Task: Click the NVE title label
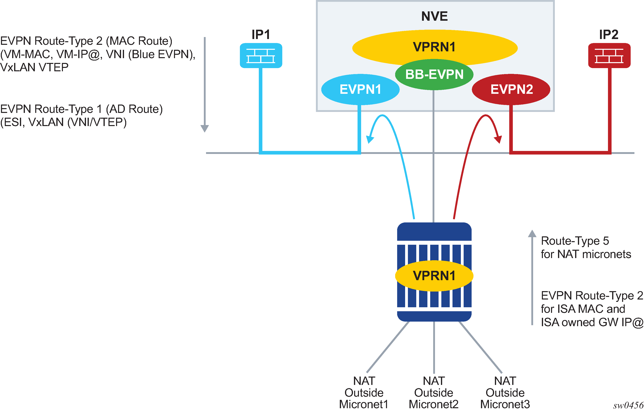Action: (x=434, y=16)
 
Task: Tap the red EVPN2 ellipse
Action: (x=511, y=89)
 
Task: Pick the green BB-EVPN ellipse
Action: (x=434, y=74)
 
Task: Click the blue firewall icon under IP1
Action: (x=261, y=56)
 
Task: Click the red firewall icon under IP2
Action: (x=609, y=56)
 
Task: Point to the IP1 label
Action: (x=261, y=34)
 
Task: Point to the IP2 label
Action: (x=609, y=34)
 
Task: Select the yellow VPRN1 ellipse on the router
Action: (x=434, y=276)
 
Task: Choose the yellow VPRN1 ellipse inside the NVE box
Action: (x=434, y=47)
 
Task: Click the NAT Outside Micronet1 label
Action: (x=364, y=392)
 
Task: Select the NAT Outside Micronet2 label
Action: (x=434, y=392)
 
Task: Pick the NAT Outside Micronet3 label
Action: (x=505, y=392)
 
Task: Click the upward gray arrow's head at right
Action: (x=532, y=234)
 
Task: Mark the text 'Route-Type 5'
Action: (x=575, y=241)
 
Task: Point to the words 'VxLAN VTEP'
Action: (x=34, y=68)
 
